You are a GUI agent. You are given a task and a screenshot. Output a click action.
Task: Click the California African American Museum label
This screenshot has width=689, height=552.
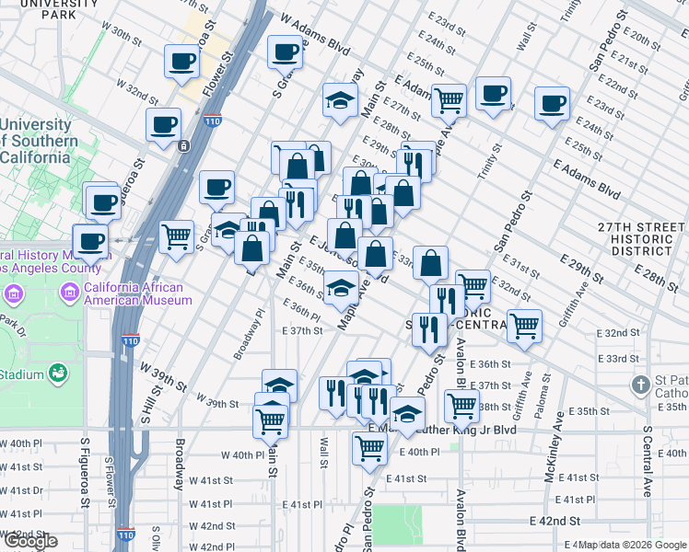pyautogui.click(x=137, y=293)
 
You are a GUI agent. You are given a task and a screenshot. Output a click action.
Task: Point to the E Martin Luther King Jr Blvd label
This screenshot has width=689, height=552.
pyautogui.click(x=442, y=429)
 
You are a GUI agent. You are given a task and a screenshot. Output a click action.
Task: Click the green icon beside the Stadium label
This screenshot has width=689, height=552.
pyautogui.click(x=57, y=373)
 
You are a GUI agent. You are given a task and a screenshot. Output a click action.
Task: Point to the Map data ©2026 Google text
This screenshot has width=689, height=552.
pyautogui.click(x=633, y=545)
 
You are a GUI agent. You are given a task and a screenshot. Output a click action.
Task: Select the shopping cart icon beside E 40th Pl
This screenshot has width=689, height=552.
pyautogui.click(x=368, y=448)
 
